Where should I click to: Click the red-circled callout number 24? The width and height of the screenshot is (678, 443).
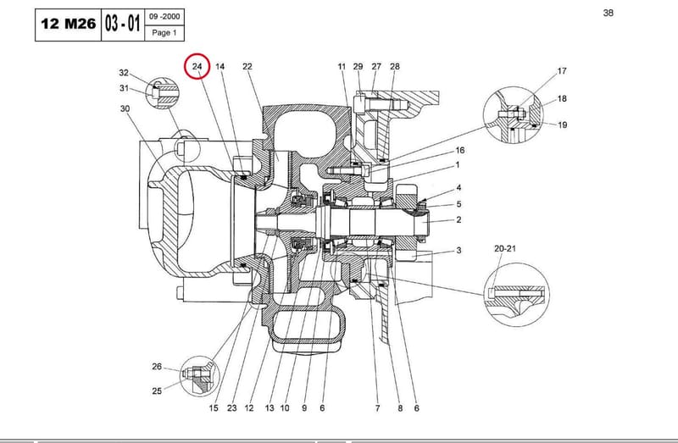click(197, 67)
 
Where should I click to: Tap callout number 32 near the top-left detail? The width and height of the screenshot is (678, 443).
click(124, 73)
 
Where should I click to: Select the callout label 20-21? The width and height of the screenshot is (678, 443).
click(505, 248)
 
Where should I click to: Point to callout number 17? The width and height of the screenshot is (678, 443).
click(562, 71)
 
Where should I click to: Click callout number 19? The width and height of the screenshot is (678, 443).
click(562, 125)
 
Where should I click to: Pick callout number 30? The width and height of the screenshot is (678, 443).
click(125, 108)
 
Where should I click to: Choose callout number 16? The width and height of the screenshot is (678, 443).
click(460, 150)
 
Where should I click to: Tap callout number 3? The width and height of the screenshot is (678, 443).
click(458, 250)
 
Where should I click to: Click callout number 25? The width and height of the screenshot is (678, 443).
click(157, 390)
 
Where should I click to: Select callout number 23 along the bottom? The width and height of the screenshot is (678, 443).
click(231, 408)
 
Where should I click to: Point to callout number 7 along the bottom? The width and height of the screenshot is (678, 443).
click(377, 408)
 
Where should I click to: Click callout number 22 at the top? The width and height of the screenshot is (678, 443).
click(247, 67)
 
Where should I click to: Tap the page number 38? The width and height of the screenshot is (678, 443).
click(608, 13)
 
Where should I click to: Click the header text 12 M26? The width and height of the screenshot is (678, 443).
click(68, 24)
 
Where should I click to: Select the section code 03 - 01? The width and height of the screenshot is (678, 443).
click(122, 24)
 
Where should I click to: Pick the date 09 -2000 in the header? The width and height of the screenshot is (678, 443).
click(164, 17)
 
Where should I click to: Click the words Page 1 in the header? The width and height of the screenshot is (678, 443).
click(164, 33)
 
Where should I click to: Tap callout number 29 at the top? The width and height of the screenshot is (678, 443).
click(358, 67)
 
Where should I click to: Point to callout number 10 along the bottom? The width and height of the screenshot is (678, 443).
click(285, 408)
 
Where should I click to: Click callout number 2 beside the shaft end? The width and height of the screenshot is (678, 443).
click(458, 219)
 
